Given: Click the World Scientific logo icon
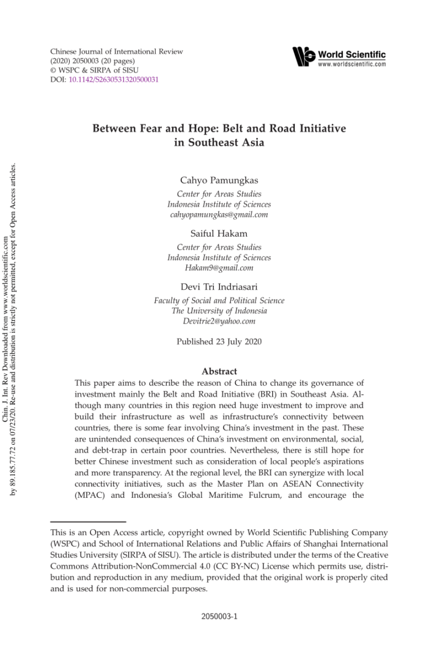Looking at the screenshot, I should point(304,57).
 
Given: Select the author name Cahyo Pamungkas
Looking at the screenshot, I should point(219,181).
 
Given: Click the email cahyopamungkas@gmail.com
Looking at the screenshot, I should point(219,215).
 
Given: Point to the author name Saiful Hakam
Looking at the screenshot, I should point(219,233).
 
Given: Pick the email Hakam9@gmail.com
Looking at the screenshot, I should point(219,268).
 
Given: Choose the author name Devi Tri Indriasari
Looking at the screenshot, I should point(219,286).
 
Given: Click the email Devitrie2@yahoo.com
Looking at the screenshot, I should point(219,321).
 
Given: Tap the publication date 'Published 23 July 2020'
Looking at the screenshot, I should point(219,343).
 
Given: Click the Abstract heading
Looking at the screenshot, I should point(219,372).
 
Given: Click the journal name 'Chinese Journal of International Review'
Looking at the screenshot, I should point(117,52).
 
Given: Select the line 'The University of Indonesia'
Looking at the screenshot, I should point(219,311).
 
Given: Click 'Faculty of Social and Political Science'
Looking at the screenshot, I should point(219,301).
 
